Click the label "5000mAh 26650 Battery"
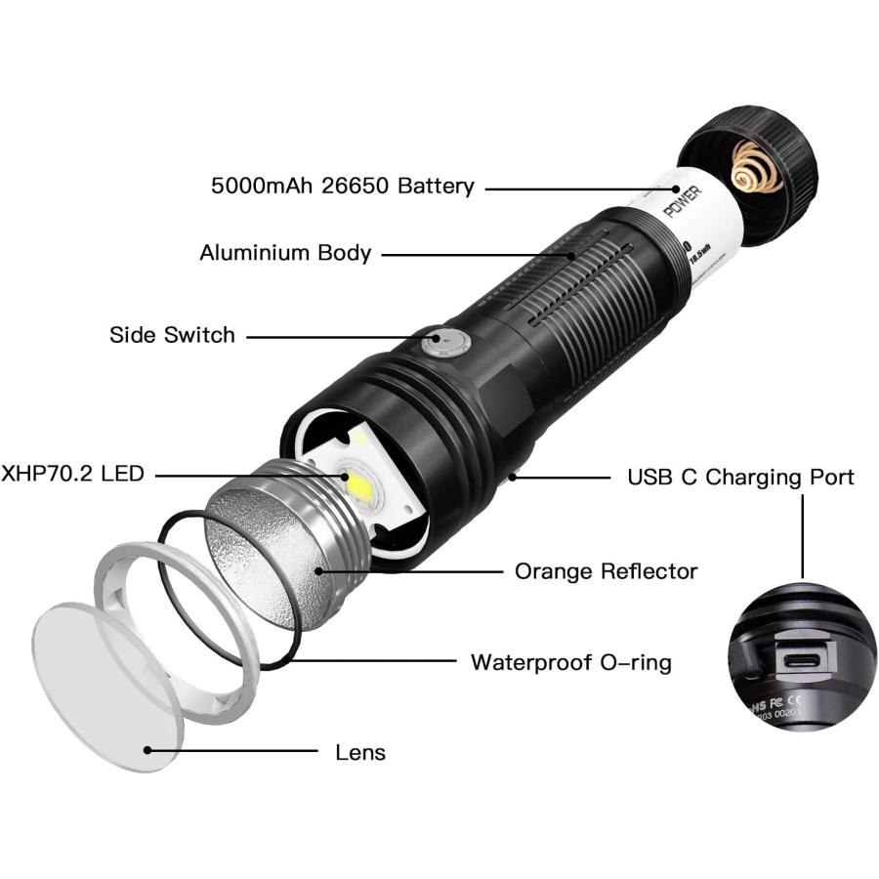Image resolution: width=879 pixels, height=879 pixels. (x=342, y=186)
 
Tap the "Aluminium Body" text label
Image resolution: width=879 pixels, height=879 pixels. (x=285, y=253)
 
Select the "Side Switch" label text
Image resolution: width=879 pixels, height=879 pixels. (x=172, y=335)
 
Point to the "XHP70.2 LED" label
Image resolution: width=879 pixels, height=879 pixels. (x=73, y=475)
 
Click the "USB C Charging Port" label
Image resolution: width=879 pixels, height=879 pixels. (x=740, y=477)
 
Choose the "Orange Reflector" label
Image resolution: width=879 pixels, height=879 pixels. (x=606, y=570)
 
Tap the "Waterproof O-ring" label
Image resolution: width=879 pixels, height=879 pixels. (x=571, y=662)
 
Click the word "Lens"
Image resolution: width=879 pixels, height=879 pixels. (x=360, y=752)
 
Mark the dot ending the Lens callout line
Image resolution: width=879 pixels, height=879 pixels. (x=147, y=750)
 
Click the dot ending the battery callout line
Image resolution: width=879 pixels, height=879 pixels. (x=675, y=187)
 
